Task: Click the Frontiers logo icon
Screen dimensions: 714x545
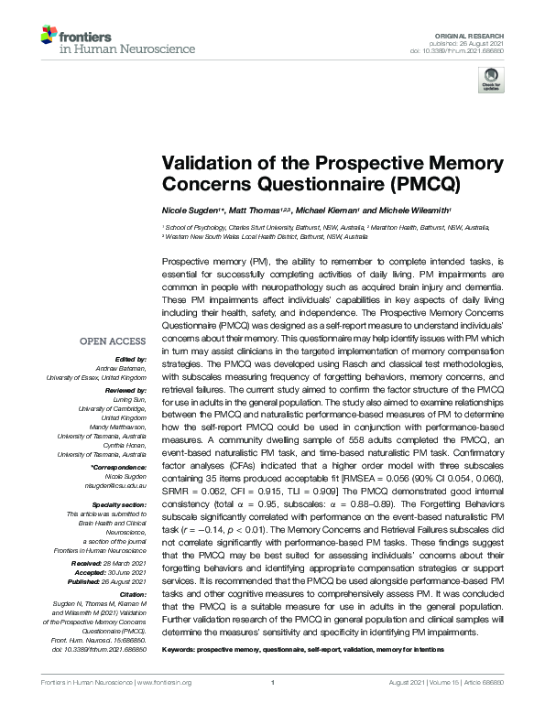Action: tap(49, 37)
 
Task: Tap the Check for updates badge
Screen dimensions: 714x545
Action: tap(490, 79)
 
